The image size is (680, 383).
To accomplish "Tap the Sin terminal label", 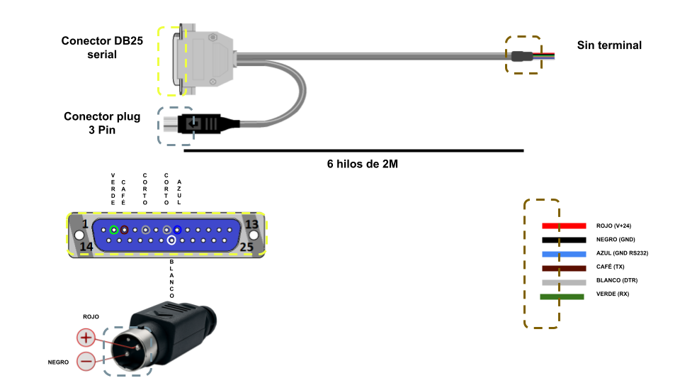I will [609, 45].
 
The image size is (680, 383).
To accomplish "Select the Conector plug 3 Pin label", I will [102, 123].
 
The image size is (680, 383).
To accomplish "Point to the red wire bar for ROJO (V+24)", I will [564, 226].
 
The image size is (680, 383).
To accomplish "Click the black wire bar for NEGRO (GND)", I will [564, 240].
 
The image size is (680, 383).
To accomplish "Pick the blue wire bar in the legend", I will [564, 254].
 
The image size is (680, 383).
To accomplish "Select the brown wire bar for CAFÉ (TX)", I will [564, 268].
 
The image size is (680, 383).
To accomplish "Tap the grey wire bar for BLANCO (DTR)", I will [564, 282].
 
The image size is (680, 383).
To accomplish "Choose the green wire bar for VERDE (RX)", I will [562, 296].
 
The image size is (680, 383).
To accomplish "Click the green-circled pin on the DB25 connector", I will [114, 230].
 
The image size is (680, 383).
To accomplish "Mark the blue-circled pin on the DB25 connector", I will [178, 230].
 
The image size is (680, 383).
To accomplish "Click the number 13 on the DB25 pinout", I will [251, 225].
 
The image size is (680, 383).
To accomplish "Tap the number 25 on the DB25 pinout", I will [247, 247].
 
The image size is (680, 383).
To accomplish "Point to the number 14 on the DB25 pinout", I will [86, 247].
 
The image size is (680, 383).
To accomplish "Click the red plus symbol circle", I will [86, 338].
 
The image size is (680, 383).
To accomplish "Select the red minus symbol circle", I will [86, 361].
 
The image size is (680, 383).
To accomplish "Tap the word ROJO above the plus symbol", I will [91, 317].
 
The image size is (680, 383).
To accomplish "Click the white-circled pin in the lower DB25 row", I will [171, 240].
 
